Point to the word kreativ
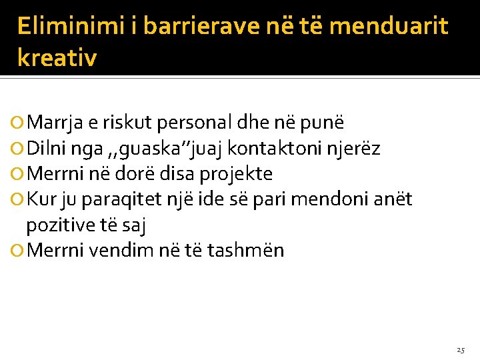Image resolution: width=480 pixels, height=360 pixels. (x=57, y=58)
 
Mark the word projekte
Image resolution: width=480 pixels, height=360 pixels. (x=236, y=174)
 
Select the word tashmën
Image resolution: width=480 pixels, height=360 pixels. (x=246, y=251)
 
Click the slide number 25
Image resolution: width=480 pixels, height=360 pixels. (x=461, y=349)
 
